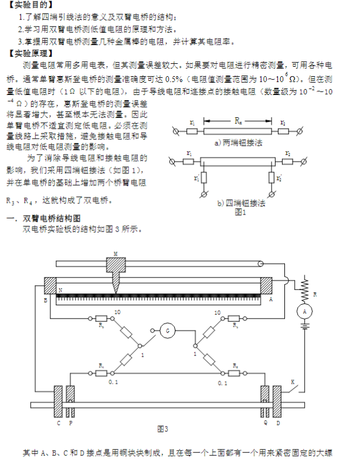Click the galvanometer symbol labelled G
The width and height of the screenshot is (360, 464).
pos(168,331)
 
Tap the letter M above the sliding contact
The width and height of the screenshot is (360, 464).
pos(115,254)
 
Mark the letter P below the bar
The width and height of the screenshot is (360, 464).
pos(71,422)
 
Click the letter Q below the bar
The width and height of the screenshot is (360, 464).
pos(265,422)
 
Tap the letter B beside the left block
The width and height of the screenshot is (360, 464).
pos(45,299)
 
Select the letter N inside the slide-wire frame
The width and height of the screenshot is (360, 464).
pos(60,290)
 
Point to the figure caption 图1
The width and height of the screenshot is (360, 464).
pos(240,212)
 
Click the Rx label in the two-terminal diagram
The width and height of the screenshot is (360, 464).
pos(237,121)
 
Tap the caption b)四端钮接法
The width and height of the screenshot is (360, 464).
pos(241,203)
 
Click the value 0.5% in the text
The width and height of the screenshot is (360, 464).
pos(174,78)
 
